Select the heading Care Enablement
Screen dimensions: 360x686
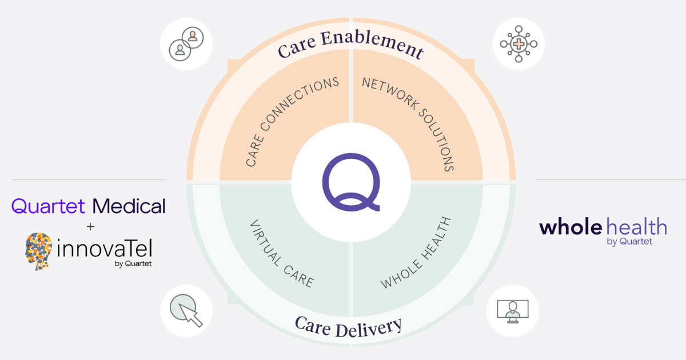coord(351,45)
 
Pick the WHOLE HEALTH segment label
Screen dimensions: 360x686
coord(416,252)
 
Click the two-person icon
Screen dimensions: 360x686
coord(186,44)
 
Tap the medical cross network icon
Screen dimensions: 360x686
coord(519,44)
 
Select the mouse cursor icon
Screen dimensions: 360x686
coord(186,310)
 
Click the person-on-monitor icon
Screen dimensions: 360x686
coord(513,310)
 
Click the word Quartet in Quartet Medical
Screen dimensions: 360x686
coord(48,206)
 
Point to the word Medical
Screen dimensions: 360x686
coord(129,206)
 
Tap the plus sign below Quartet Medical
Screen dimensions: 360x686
coord(89,227)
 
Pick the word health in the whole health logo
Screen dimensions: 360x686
coord(636,227)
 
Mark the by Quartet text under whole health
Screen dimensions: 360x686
coord(629,242)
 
